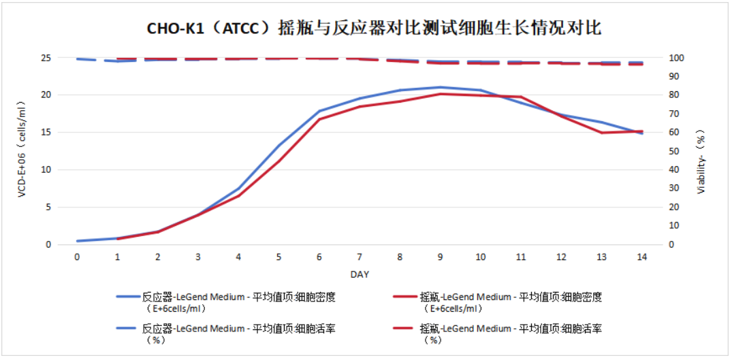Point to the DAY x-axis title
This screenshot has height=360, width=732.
point(360,274)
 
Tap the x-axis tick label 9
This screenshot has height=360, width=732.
point(440,257)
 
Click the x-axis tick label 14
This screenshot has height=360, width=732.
point(641,257)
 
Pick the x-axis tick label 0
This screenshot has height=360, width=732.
point(77,257)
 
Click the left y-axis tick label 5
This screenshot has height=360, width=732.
point(48,207)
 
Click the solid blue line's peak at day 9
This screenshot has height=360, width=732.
point(440,87)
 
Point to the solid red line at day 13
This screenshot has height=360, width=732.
point(601,133)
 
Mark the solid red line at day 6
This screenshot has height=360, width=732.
point(319,119)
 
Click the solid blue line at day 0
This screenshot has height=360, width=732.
point(78,241)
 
